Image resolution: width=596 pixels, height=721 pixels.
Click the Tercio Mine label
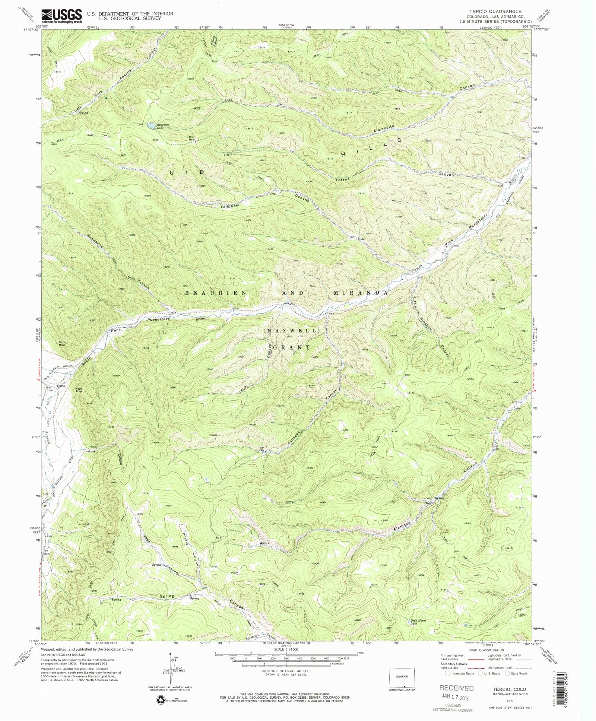tap(62, 344)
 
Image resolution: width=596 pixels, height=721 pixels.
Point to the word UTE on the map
tap(187, 172)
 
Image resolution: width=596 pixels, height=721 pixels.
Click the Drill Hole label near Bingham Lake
tap(191, 138)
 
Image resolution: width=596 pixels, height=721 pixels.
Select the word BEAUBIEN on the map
tap(216, 293)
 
